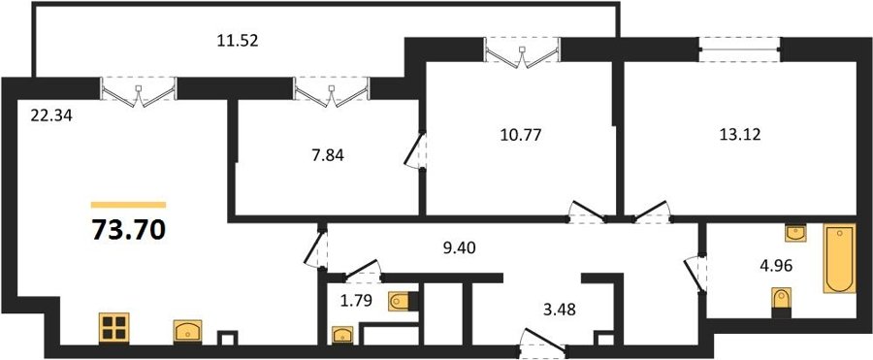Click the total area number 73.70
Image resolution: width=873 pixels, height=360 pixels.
pyautogui.click(x=129, y=229)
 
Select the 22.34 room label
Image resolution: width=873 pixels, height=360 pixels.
pyautogui.click(x=51, y=116)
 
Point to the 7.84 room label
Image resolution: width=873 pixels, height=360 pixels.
pyautogui.click(x=327, y=155)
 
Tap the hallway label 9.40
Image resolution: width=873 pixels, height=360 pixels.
pyautogui.click(x=459, y=249)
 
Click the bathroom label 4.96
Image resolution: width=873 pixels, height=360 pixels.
pyautogui.click(x=776, y=265)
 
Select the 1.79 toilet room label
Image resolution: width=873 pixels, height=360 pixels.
pyautogui.click(x=355, y=302)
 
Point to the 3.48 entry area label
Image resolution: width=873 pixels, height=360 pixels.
pyautogui.click(x=559, y=309)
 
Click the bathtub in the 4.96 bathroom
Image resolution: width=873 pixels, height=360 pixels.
pyautogui.click(x=839, y=258)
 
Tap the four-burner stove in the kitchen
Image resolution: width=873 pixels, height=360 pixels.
pyautogui.click(x=114, y=328)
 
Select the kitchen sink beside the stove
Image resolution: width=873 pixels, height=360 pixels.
pyautogui.click(x=187, y=331)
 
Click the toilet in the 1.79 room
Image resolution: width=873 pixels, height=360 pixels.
pyautogui.click(x=402, y=302)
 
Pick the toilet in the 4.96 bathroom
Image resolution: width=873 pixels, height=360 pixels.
pyautogui.click(x=782, y=302)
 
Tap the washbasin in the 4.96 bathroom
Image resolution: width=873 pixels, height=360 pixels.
pyautogui.click(x=795, y=233)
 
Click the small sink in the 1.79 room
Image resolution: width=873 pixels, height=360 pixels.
pyautogui.click(x=342, y=335)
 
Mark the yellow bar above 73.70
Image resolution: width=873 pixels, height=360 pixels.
pyautogui.click(x=129, y=205)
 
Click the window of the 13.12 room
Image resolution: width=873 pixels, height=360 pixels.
pyautogui.click(x=740, y=49)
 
